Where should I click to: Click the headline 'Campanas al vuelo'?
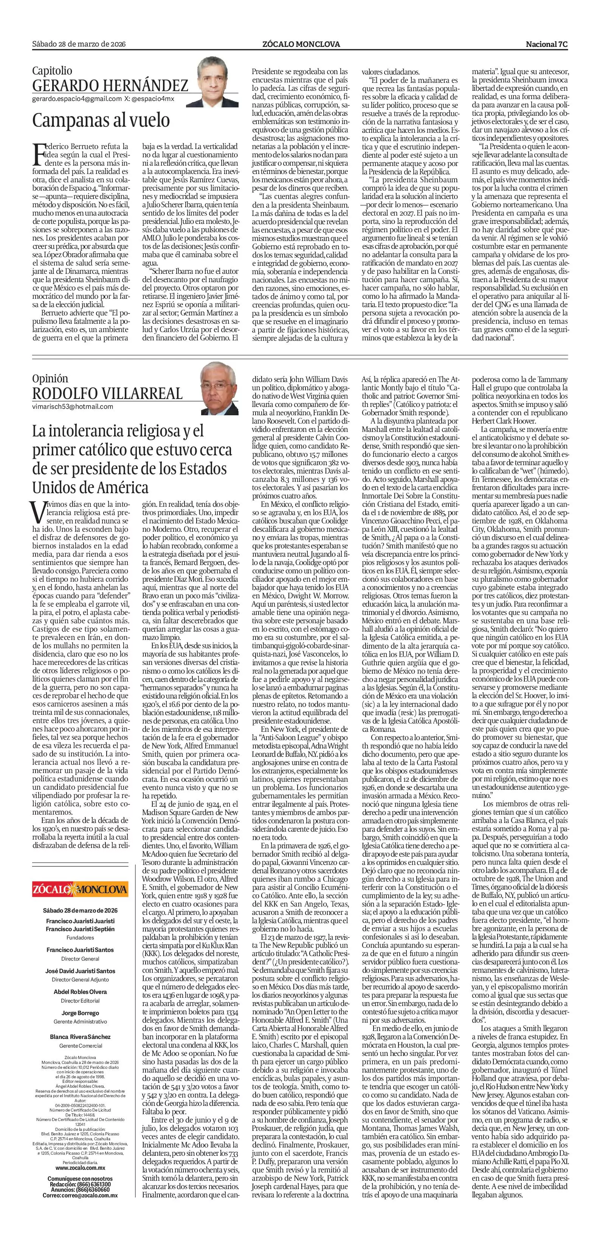coord(101,120)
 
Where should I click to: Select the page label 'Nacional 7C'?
coord(547,44)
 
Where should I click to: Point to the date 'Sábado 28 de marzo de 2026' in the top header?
coord(79,44)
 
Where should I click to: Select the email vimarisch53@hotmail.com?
coord(73,407)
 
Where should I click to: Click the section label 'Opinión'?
coord(50,379)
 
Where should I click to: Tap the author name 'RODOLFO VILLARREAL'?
coord(107,393)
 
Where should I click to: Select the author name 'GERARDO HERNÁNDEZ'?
coord(110,86)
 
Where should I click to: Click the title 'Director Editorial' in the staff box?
coord(80,984)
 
